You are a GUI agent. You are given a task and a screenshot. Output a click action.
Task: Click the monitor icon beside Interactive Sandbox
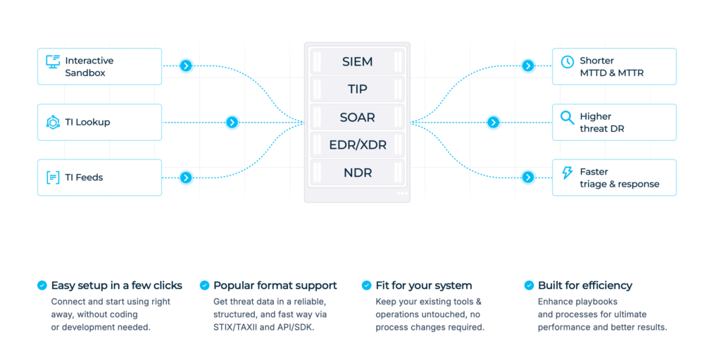point(53,62)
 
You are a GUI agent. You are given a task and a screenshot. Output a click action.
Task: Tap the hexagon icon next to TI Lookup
point(53,122)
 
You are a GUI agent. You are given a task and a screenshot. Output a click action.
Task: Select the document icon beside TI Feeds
point(53,178)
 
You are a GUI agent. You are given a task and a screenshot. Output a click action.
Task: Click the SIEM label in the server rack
point(357,62)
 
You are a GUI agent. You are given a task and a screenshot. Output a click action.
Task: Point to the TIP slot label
point(357,89)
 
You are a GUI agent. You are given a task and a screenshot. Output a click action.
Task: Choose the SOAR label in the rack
point(357,118)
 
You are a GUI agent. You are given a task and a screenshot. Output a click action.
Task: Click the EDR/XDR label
point(357,145)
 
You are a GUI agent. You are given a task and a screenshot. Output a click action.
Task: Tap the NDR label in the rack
point(357,173)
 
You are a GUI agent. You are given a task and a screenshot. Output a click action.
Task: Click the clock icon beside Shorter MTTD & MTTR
point(568,62)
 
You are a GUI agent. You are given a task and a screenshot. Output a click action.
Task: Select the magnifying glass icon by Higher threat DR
point(568,118)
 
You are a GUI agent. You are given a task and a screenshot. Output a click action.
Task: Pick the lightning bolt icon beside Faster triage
point(568,173)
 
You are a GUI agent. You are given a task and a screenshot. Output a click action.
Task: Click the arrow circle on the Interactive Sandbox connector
point(186,66)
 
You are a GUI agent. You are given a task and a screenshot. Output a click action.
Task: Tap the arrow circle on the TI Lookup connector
point(232,122)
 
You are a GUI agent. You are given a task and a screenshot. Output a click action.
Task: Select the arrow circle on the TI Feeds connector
point(186,178)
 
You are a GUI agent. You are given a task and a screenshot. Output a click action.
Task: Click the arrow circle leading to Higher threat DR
point(494,122)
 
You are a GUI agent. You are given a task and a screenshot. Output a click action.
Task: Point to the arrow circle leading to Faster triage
point(528,178)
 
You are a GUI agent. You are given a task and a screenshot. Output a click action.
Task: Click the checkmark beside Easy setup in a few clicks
point(42,285)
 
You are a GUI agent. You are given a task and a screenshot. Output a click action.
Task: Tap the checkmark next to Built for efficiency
point(529,285)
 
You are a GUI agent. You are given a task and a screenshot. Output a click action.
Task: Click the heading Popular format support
point(275,285)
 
